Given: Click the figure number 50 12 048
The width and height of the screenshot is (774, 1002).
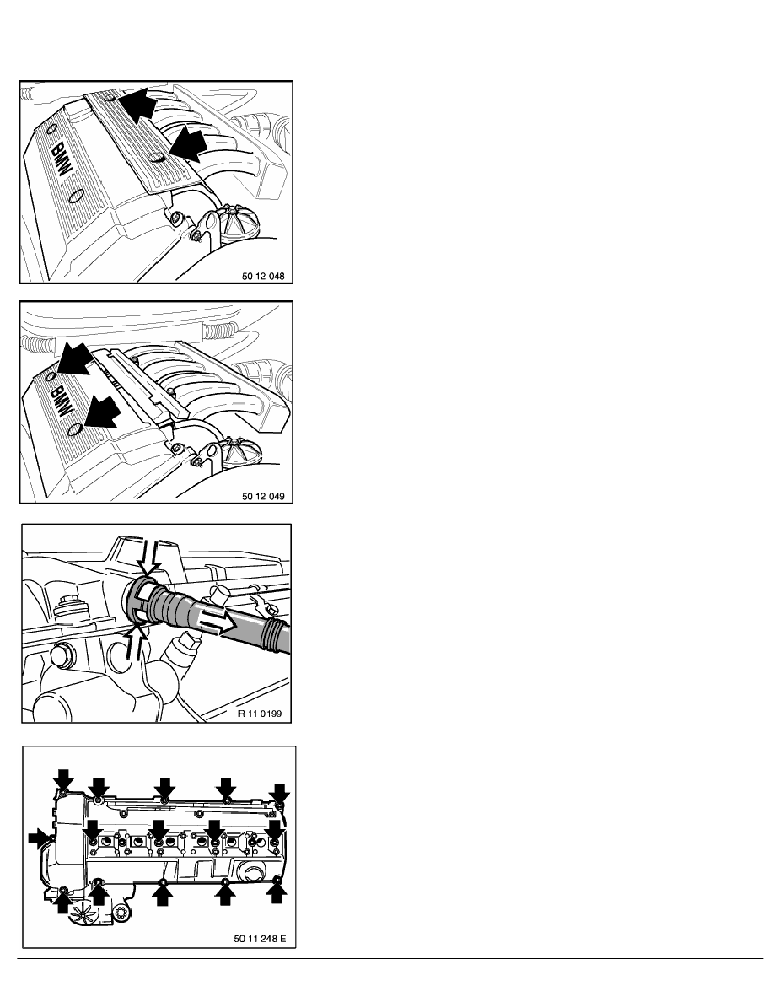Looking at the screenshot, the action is coord(263,277).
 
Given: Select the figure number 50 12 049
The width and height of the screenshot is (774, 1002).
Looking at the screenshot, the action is coord(263,497).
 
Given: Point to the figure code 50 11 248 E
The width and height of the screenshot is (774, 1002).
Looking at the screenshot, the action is coord(260,939).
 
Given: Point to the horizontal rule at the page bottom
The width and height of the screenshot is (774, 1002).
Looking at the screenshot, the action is coord(390,958).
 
